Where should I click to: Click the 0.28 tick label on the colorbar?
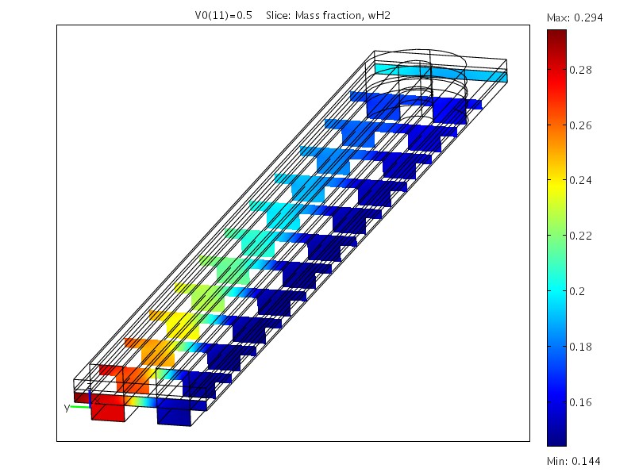click(x=580, y=70)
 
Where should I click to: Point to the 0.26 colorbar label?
click(x=580, y=125)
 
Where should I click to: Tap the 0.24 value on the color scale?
click(x=580, y=180)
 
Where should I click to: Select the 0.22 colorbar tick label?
click(x=580, y=236)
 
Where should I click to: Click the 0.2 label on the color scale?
click(x=577, y=291)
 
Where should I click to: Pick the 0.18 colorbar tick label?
click(x=580, y=347)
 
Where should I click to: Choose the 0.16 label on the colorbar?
click(x=580, y=402)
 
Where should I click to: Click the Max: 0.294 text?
click(x=575, y=17)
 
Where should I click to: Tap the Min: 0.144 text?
click(x=574, y=461)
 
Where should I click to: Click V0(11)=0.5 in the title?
click(x=224, y=16)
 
